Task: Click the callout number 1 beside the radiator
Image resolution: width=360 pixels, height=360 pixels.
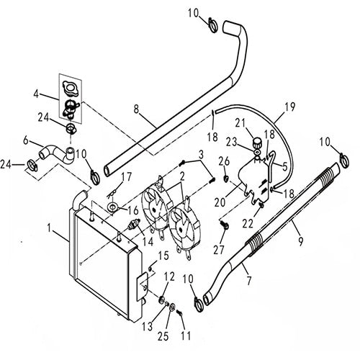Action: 48,230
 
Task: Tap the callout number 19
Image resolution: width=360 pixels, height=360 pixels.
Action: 290,107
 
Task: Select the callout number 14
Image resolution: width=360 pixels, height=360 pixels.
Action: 148,241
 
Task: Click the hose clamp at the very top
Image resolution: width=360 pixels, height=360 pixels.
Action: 215,27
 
